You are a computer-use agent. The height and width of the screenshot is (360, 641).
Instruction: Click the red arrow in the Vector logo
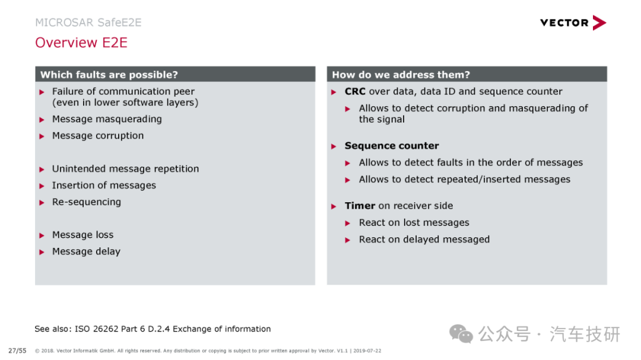599,23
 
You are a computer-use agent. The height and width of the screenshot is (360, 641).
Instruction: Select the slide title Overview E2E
81,43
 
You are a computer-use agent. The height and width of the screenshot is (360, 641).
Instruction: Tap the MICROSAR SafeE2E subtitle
88,23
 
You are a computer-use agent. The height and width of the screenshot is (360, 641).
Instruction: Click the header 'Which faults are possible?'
109,75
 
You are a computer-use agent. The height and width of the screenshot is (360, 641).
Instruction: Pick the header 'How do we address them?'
401,75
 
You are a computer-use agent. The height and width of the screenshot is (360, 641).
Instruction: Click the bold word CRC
355,91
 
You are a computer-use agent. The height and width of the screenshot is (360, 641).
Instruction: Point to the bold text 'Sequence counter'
392,146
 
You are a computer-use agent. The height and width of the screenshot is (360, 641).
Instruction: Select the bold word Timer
360,206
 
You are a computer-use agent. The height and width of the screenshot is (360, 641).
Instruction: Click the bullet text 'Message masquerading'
107,119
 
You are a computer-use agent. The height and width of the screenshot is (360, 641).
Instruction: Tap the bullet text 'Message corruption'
98,136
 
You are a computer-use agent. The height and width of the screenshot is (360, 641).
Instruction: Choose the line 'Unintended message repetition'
125,169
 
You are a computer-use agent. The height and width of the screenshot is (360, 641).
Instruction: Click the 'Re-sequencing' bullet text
87,202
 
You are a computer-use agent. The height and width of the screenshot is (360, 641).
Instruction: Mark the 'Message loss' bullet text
83,235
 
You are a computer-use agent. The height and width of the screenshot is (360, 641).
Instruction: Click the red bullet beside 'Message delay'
42,252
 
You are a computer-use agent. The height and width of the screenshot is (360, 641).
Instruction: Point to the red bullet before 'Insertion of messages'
42,186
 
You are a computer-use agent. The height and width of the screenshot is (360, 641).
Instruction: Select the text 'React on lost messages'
414,222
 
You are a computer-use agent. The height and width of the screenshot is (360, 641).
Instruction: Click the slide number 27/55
17,351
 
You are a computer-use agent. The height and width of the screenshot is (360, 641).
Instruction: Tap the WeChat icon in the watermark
461,334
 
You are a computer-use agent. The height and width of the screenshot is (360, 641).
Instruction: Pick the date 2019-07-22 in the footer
367,351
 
